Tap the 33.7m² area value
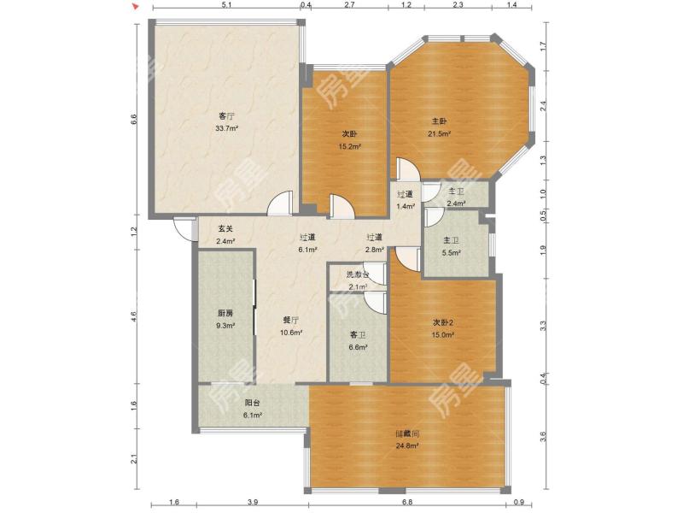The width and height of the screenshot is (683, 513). (226, 129)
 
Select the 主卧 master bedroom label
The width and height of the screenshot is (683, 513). (439, 121)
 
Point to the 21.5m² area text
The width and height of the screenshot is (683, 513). (439, 134)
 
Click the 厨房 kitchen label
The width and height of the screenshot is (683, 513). (225, 313)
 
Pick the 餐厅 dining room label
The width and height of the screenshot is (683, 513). (291, 320)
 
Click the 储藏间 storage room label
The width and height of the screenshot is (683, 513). (407, 434)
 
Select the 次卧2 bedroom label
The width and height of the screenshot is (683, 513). (443, 323)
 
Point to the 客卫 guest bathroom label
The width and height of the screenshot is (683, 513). (358, 335)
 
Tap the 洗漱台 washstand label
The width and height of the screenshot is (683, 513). (358, 274)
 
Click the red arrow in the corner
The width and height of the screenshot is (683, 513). (136, 6)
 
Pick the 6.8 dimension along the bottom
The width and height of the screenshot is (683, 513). (407, 502)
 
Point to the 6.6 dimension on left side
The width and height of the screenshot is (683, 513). (134, 119)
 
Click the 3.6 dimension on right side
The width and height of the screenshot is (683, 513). (543, 436)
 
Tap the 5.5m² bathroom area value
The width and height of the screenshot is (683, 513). (451, 252)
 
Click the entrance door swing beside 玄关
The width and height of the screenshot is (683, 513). (183, 228)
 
